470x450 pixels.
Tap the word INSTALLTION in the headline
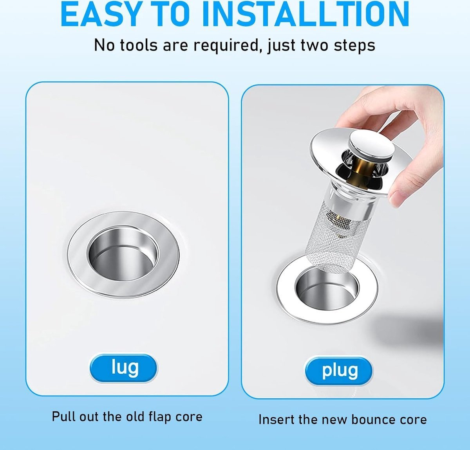305,14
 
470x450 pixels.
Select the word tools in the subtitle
139,45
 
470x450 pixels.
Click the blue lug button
123,368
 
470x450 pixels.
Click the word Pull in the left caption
63,416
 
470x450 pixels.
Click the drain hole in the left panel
123,253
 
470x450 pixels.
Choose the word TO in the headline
168,14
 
